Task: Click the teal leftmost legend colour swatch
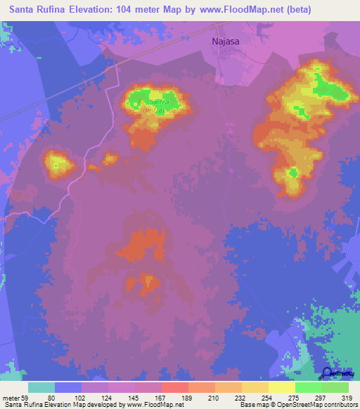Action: coord(41,387)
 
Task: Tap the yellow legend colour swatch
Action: coord(282,387)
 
